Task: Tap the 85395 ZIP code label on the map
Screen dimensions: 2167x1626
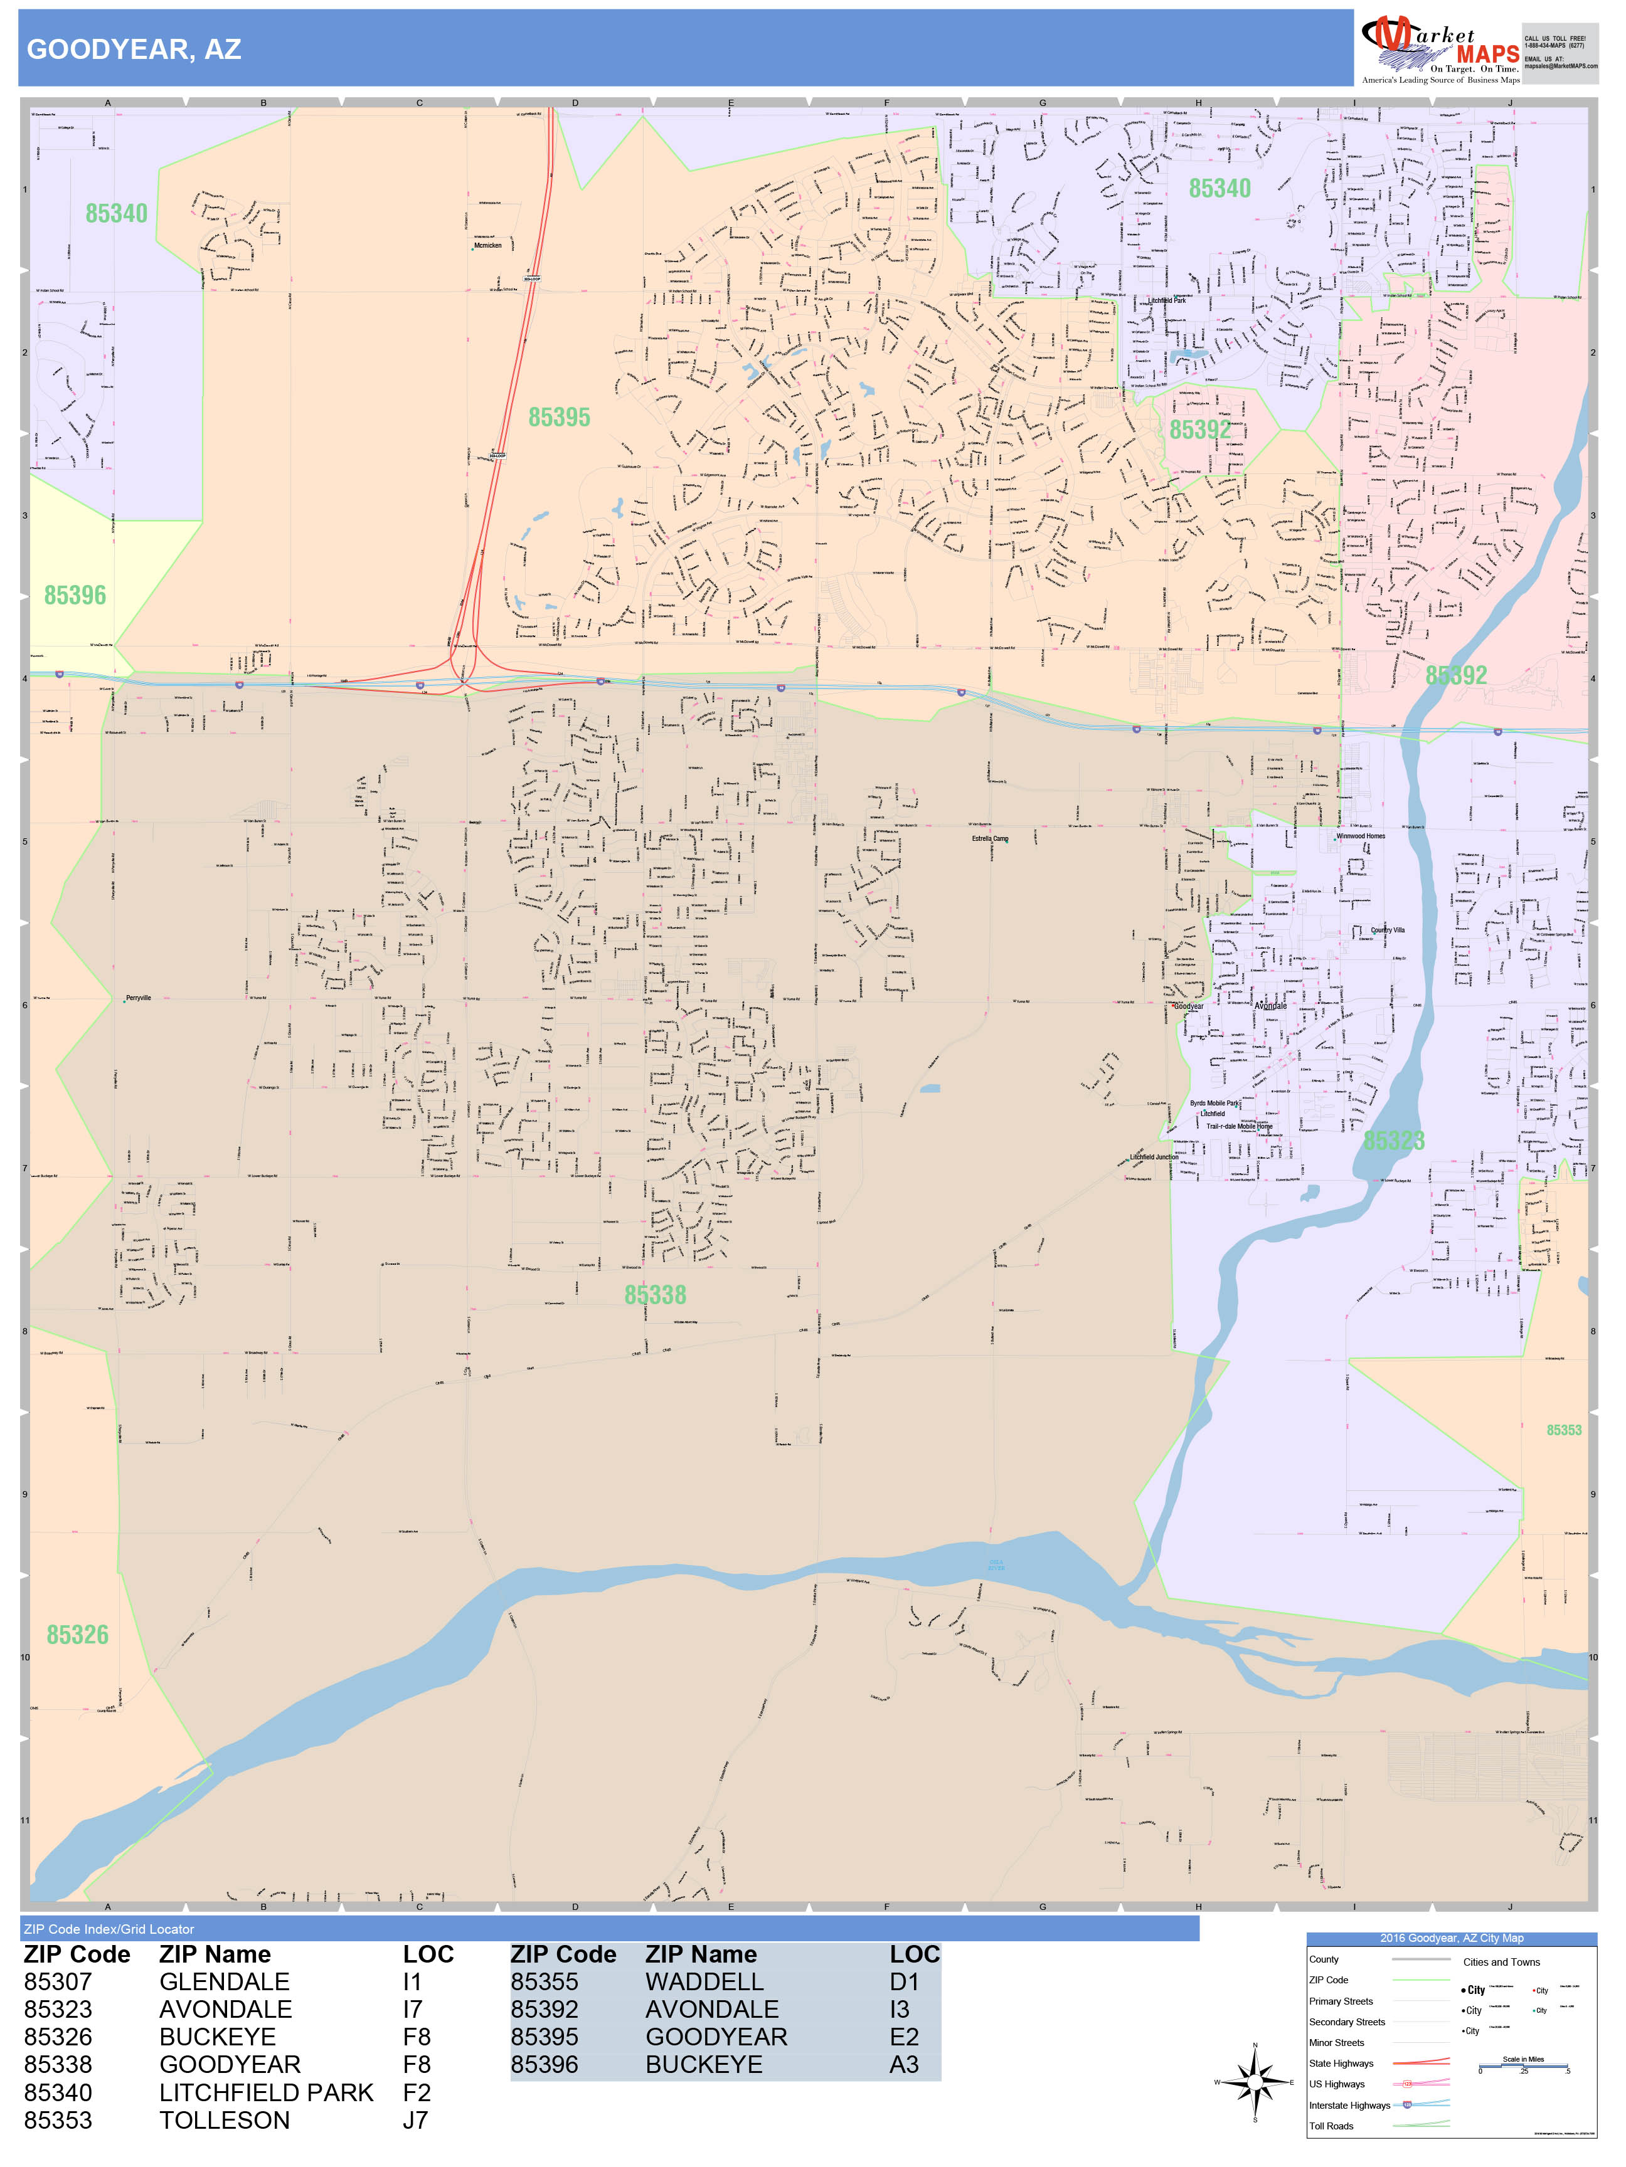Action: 559,418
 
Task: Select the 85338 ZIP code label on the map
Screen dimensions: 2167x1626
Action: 655,1295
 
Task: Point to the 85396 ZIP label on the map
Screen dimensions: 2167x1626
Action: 75,596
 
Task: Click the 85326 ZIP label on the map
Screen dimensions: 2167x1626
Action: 77,1635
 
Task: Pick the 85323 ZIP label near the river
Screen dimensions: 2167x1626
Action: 1394,1141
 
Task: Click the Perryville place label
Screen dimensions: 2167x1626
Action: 138,998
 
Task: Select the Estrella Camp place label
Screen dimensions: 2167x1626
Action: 990,838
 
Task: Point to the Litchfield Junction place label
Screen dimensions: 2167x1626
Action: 1154,1157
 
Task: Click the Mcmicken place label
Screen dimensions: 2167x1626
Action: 487,246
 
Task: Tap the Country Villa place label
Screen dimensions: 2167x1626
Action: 1387,930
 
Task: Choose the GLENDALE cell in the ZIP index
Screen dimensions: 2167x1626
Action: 225,1982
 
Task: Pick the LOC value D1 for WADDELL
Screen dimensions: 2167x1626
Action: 904,1982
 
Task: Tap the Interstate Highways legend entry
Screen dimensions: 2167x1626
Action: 1349,2106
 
